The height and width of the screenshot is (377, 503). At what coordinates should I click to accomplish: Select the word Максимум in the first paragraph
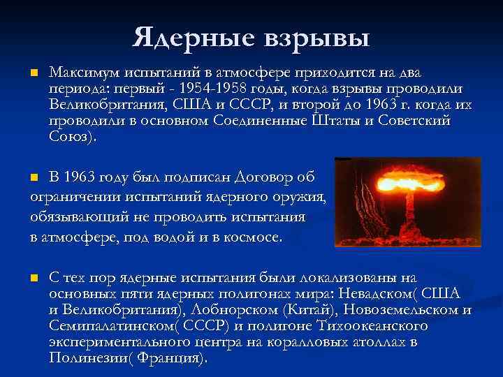87,73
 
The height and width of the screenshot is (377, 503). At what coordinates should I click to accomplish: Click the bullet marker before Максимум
33,73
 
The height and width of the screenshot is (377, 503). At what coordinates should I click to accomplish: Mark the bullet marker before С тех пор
33,278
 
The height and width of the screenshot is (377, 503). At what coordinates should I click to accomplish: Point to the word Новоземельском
394,310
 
